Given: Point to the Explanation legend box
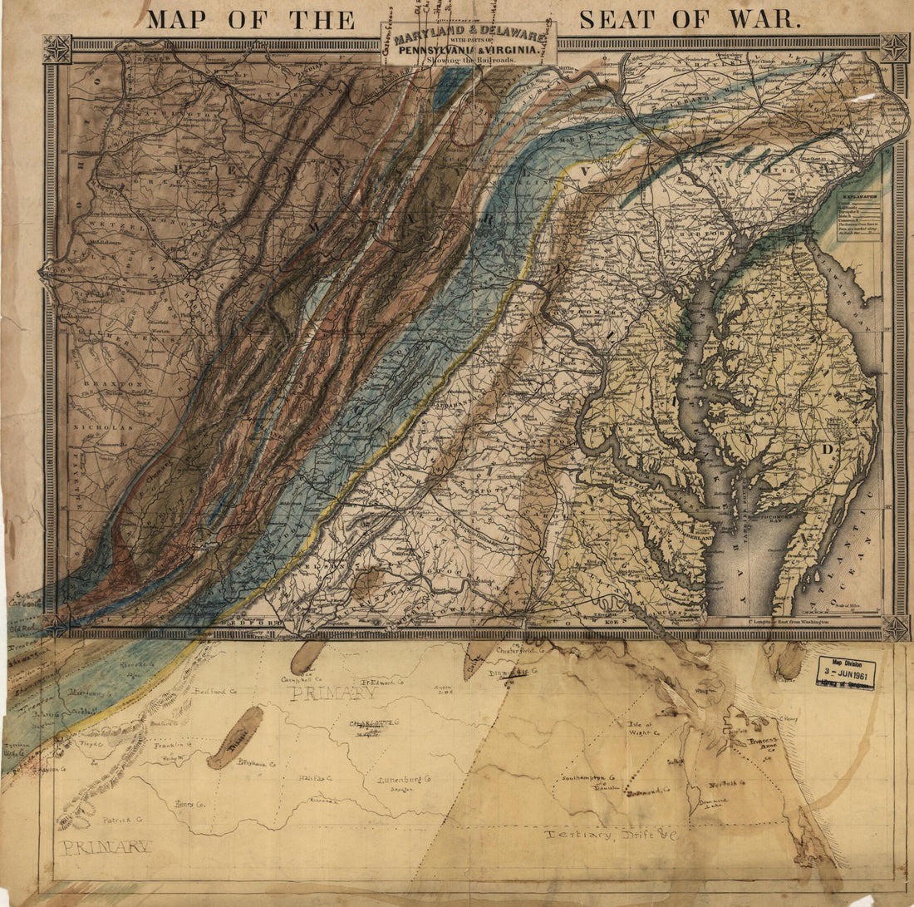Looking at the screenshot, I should tap(858, 216).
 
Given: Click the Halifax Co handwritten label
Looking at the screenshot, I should tap(315, 779).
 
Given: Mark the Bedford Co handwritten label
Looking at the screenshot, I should tap(214, 690).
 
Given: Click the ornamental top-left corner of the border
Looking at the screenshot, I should tap(57, 48).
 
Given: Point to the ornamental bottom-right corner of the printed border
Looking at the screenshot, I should tap(895, 628).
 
